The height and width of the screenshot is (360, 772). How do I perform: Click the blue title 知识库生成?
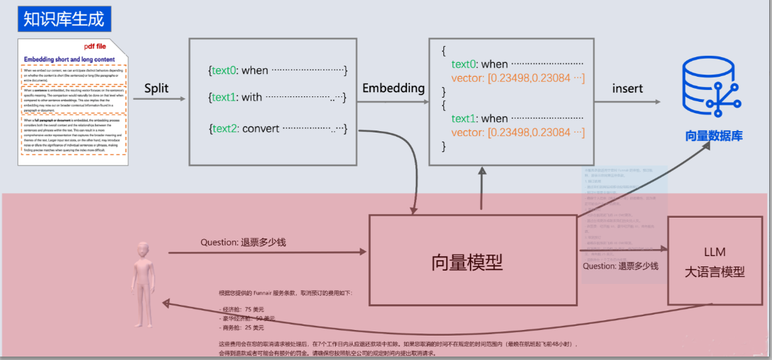pos(64,19)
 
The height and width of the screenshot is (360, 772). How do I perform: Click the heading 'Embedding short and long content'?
pos(70,60)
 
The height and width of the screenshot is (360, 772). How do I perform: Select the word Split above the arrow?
pos(157,89)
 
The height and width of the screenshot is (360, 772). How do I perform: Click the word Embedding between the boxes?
pos(393,89)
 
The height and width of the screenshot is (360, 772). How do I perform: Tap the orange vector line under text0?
pos(517,77)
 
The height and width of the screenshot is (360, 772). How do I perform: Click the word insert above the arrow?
pos(628,89)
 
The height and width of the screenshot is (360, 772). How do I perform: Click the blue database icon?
pos(713,87)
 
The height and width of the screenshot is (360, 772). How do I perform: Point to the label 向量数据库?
pos(713,136)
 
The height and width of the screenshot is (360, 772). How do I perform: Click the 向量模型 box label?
pos(467,262)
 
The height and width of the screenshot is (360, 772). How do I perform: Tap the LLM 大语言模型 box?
pos(715,262)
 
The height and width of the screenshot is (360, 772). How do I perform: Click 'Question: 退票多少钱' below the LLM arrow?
pos(621,266)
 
